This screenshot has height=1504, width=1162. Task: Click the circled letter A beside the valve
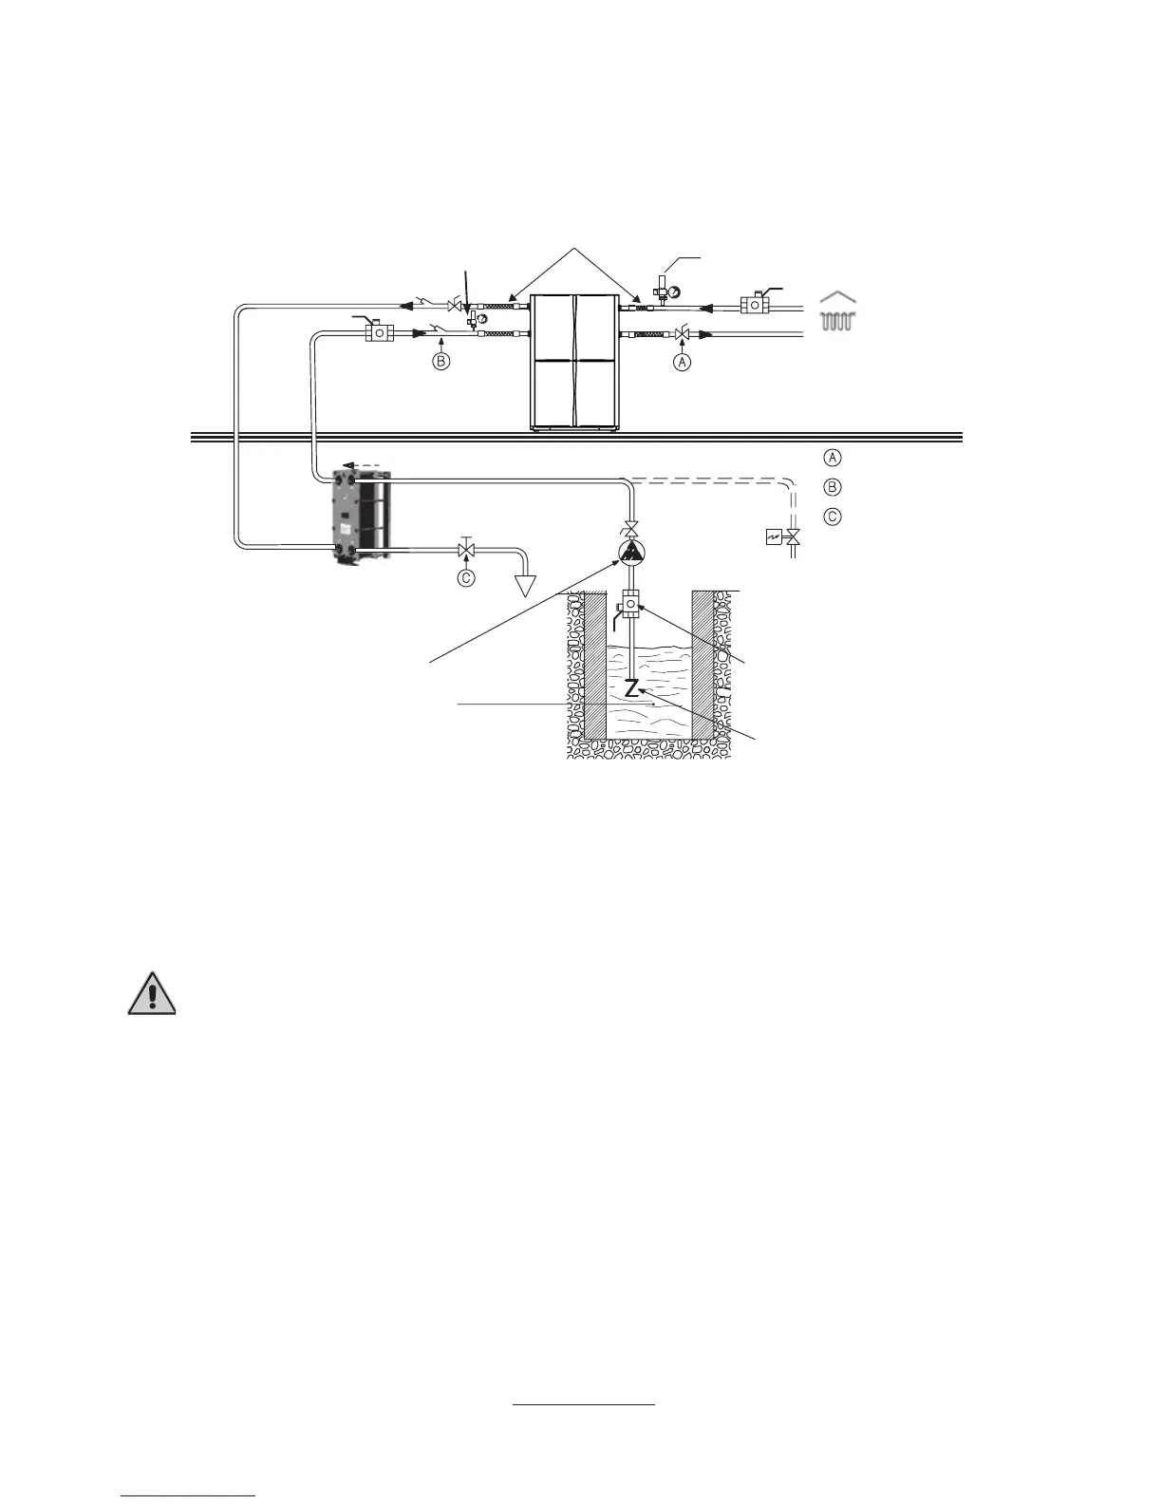(x=682, y=362)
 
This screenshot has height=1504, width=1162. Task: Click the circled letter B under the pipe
(x=440, y=362)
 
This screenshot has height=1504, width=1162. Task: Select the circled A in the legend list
(x=832, y=458)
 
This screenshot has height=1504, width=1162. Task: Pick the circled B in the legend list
(x=832, y=487)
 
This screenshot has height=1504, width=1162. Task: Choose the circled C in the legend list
(x=832, y=517)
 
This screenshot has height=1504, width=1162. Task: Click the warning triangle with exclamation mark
(x=151, y=994)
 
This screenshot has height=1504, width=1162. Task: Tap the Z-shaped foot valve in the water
(x=630, y=688)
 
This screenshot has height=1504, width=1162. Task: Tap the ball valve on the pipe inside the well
(x=629, y=605)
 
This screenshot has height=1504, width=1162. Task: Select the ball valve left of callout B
(x=380, y=333)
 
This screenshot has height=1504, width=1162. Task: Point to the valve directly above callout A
(x=681, y=333)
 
